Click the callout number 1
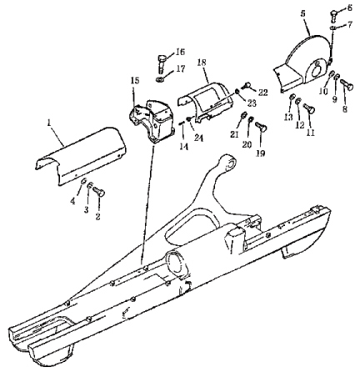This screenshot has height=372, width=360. pyautogui.click(x=49, y=123)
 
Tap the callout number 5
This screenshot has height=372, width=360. pyautogui.click(x=303, y=14)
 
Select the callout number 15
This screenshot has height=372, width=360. pyautogui.click(x=135, y=81)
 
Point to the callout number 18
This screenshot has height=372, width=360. pyautogui.click(x=202, y=63)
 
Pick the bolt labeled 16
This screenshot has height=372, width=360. pyautogui.click(x=162, y=63)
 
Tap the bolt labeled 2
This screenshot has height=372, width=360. pyautogui.click(x=99, y=192)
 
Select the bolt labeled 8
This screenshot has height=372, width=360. pyautogui.click(x=347, y=83)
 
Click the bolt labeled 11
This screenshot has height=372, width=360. pyautogui.click(x=309, y=108)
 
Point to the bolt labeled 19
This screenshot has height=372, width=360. pyautogui.click(x=261, y=127)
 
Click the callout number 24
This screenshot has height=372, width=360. pyautogui.click(x=198, y=138)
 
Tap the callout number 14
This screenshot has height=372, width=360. pyautogui.click(x=183, y=146)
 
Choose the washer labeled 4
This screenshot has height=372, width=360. pyautogui.click(x=83, y=182)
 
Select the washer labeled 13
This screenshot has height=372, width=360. pyautogui.click(x=292, y=98)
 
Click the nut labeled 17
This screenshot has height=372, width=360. pyautogui.click(x=159, y=79)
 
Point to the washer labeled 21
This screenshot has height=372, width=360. pyautogui.click(x=244, y=115)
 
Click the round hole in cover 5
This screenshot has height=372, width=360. pyautogui.click(x=316, y=72)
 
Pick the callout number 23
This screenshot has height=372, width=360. pyautogui.click(x=252, y=103)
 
